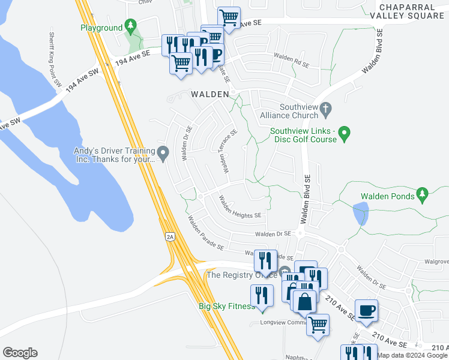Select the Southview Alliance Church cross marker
click(x=326, y=109)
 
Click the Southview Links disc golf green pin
click(x=344, y=133)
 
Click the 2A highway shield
click(x=170, y=237)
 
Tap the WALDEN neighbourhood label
click(x=210, y=94)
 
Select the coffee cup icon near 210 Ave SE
click(x=366, y=310)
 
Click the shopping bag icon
click(x=305, y=301)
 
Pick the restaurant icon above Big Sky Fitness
click(x=261, y=295)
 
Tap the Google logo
click(x=20, y=353)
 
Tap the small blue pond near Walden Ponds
click(x=361, y=213)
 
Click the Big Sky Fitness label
click(x=227, y=306)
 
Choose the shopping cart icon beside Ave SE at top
click(x=228, y=17)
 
